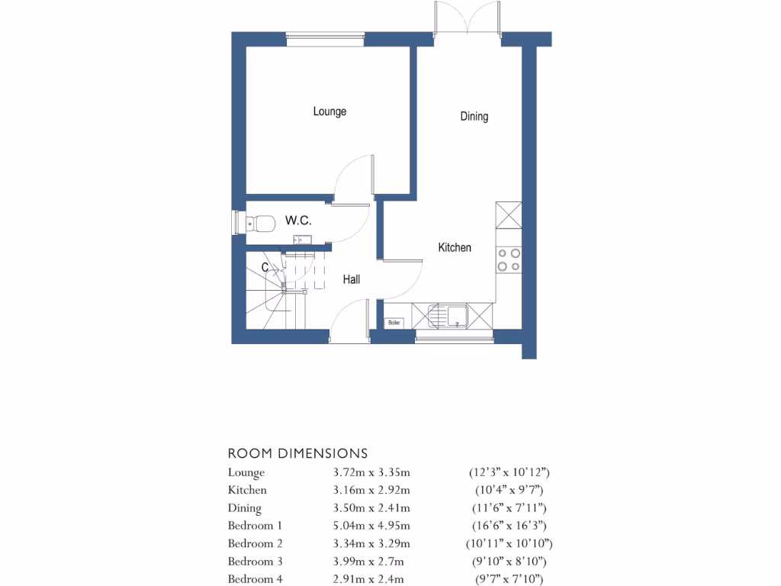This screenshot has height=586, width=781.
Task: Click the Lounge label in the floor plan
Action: point(329,111)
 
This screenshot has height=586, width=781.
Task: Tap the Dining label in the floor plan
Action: point(474,117)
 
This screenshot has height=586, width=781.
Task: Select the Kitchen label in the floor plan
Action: point(455,247)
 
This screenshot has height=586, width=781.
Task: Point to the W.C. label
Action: point(297,221)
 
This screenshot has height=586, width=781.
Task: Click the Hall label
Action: point(351,280)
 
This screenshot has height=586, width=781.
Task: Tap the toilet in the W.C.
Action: point(261,223)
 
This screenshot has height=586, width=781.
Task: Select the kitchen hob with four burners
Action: point(509,260)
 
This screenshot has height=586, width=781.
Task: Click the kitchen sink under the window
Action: point(450,314)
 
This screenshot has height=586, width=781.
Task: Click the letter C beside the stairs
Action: point(265,268)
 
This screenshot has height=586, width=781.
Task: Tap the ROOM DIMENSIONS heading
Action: point(297,453)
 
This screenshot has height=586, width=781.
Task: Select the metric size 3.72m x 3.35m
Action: point(368,472)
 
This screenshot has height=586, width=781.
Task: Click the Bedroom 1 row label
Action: point(256,526)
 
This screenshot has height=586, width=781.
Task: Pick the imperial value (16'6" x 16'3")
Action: point(508,526)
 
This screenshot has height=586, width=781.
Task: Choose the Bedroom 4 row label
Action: point(256,579)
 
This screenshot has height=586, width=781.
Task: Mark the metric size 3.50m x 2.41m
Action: point(368,508)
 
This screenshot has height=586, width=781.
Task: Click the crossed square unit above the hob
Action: point(509,215)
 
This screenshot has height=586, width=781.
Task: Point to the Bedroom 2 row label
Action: point(256,543)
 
